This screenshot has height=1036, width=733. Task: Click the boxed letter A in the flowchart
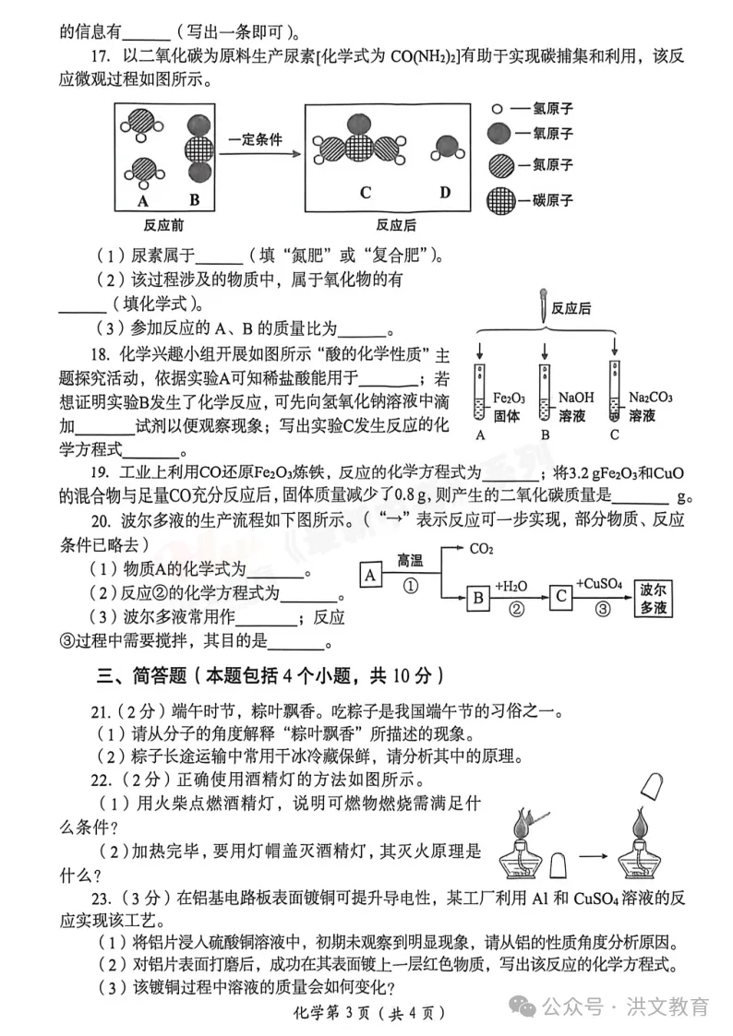(370, 575)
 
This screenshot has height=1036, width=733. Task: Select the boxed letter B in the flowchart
(478, 597)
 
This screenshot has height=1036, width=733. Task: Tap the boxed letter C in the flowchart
(561, 596)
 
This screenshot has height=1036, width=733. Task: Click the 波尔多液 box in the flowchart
(653, 598)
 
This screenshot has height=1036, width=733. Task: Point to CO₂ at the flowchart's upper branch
(481, 548)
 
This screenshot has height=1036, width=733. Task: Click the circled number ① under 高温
(411, 586)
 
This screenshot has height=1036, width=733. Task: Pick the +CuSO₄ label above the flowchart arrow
(598, 583)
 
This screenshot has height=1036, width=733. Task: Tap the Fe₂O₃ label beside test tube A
(509, 398)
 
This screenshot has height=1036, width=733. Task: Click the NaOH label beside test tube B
(576, 397)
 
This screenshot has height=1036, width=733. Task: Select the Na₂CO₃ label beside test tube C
(651, 397)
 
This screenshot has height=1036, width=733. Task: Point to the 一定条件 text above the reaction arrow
(255, 139)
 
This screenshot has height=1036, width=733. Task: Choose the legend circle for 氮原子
(501, 165)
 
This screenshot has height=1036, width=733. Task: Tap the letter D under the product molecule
(445, 192)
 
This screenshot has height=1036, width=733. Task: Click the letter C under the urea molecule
(366, 192)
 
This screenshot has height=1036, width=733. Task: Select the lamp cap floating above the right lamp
(652, 786)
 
